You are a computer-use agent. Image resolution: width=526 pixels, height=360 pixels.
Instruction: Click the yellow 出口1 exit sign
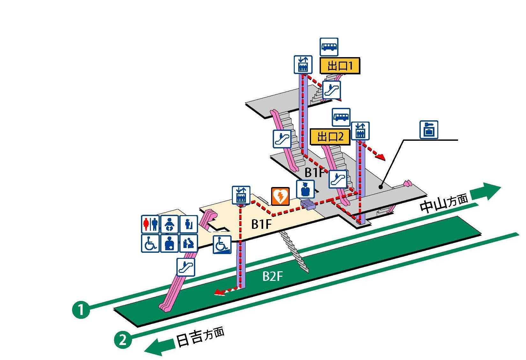coord(340,66)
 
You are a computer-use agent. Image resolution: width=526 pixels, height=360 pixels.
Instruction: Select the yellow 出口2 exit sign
coord(330,137)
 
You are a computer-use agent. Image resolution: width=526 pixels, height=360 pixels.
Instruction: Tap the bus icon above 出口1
coord(329,47)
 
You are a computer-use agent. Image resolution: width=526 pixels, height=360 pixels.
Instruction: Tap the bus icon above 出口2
coord(341,117)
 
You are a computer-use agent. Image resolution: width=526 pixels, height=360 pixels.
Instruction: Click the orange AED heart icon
coord(280,196)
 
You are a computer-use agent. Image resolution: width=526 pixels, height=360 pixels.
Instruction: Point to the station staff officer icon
coord(305,189)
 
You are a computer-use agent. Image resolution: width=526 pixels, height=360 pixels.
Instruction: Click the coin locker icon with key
coord(428,130)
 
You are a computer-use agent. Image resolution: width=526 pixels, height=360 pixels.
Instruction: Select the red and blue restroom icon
coord(150,224)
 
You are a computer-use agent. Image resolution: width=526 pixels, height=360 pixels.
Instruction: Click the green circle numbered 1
coord(81,309)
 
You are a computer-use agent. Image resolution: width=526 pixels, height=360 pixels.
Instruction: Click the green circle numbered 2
coord(123,340)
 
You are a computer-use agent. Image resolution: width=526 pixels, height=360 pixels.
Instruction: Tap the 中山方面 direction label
coord(444,203)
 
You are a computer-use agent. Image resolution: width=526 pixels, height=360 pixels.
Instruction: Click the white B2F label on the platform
coord(272,276)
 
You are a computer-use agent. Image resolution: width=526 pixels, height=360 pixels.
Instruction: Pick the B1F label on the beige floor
coord(261,224)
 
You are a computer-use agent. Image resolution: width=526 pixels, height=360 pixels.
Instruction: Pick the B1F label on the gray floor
coord(315,173)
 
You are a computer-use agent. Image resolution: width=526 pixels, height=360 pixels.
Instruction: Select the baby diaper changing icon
coord(169,224)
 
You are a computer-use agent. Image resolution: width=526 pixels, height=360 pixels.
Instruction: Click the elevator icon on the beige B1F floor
coord(241,195)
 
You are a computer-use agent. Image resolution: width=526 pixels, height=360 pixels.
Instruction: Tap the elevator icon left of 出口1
coord(302,64)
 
